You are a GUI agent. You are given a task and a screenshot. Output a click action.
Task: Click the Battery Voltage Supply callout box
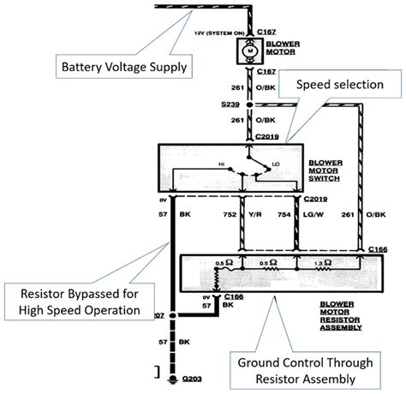click(x=123, y=65)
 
